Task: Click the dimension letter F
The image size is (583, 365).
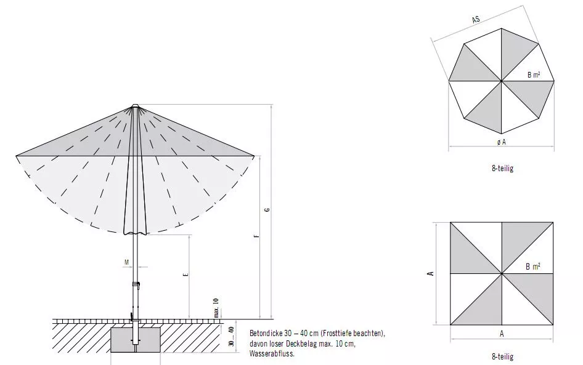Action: pyautogui.click(x=256, y=235)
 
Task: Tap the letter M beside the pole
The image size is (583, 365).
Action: pyautogui.click(x=127, y=262)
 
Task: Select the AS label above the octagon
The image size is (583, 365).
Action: pyautogui.click(x=476, y=20)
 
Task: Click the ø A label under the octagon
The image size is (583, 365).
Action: pyautogui.click(x=501, y=142)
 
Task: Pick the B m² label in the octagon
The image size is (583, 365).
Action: pyautogui.click(x=534, y=75)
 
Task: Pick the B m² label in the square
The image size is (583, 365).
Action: pyautogui.click(x=533, y=267)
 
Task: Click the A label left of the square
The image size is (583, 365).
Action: pyautogui.click(x=431, y=273)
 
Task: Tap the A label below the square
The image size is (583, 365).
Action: pyautogui.click(x=502, y=334)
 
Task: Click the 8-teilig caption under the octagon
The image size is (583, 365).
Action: pyautogui.click(x=502, y=169)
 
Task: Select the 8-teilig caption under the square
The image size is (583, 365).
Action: pyautogui.click(x=502, y=356)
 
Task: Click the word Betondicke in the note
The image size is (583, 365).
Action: pyautogui.click(x=267, y=333)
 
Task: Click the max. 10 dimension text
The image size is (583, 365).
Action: pyautogui.click(x=216, y=307)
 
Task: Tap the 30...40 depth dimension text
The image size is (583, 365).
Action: pyautogui.click(x=230, y=337)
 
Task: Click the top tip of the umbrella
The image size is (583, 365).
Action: pyautogui.click(x=136, y=105)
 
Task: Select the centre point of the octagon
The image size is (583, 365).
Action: pyautogui.click(x=501, y=81)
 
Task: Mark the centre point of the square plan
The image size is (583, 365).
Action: pyautogui.click(x=502, y=273)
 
